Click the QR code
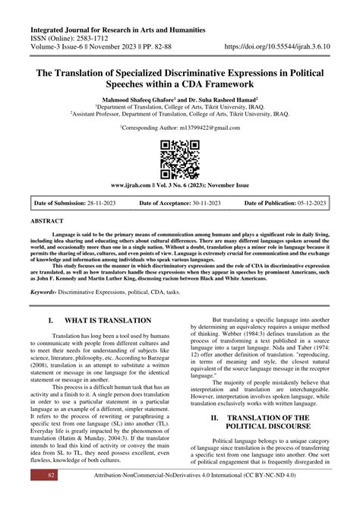[x=180, y=158]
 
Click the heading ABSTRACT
[x=48, y=220]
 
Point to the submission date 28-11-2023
[x=104, y=203]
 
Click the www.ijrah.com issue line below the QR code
[x=180, y=185]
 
